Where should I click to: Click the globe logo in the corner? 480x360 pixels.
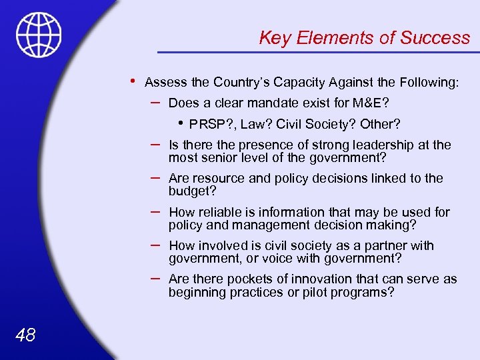point(39,34)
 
